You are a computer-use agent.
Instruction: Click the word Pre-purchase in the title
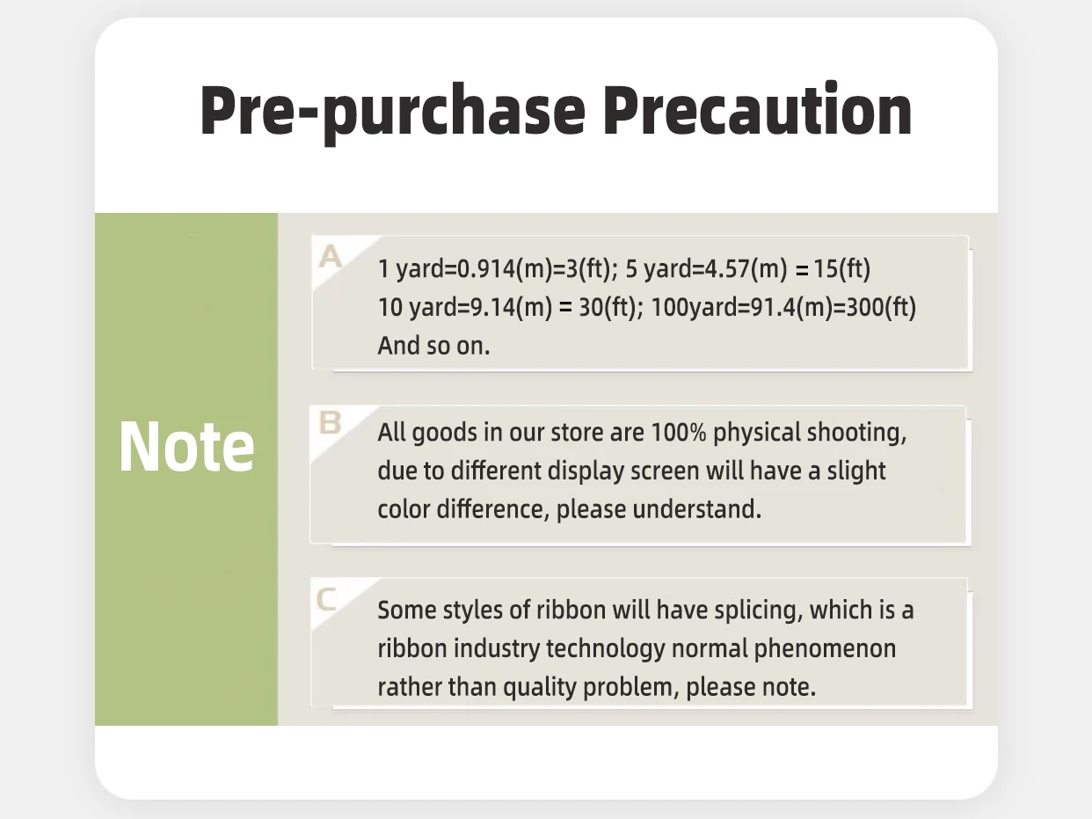393,112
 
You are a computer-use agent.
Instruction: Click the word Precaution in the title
758,108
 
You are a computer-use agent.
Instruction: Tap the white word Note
186,446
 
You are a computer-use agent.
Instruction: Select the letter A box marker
331,257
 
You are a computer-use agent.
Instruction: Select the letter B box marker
330,422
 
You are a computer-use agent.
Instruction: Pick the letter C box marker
326,600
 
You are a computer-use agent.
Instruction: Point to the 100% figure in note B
679,432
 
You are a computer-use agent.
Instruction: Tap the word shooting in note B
856,433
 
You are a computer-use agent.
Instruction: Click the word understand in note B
696,509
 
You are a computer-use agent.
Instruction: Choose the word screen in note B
665,472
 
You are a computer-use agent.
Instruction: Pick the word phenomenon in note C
825,649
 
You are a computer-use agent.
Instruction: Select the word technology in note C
606,649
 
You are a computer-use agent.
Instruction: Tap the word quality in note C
539,688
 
